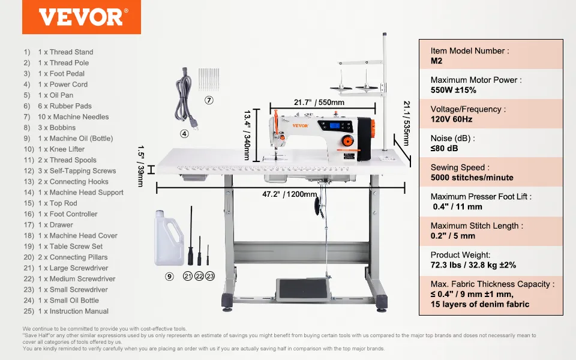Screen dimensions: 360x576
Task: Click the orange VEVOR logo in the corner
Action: click(x=81, y=17)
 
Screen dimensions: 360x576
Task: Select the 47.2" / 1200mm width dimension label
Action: click(x=289, y=194)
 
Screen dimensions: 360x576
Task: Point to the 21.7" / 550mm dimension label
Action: click(x=319, y=102)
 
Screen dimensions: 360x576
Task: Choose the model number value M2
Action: click(x=436, y=61)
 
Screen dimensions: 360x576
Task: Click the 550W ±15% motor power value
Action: click(x=453, y=90)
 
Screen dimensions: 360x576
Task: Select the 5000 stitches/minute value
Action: click(x=472, y=178)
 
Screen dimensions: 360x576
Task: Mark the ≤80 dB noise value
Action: click(x=444, y=148)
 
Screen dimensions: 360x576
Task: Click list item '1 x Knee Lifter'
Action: click(x=61, y=149)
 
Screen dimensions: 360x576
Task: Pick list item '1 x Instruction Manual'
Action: click(x=73, y=311)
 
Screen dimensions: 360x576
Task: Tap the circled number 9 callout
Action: click(x=169, y=276)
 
